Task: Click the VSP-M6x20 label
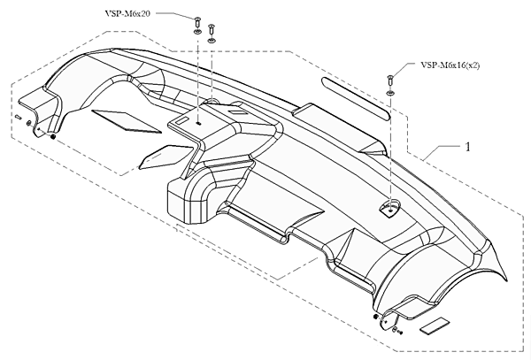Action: (127, 14)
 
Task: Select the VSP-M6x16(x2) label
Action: (450, 65)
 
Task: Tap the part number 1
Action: (468, 147)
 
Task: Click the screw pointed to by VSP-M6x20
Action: (196, 23)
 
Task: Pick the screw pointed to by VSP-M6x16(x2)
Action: (390, 81)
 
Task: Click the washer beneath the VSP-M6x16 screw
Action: (390, 93)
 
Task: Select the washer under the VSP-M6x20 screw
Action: (196, 32)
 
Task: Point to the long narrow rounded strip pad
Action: (356, 98)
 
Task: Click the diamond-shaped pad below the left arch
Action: (126, 121)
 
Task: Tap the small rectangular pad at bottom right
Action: (435, 326)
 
